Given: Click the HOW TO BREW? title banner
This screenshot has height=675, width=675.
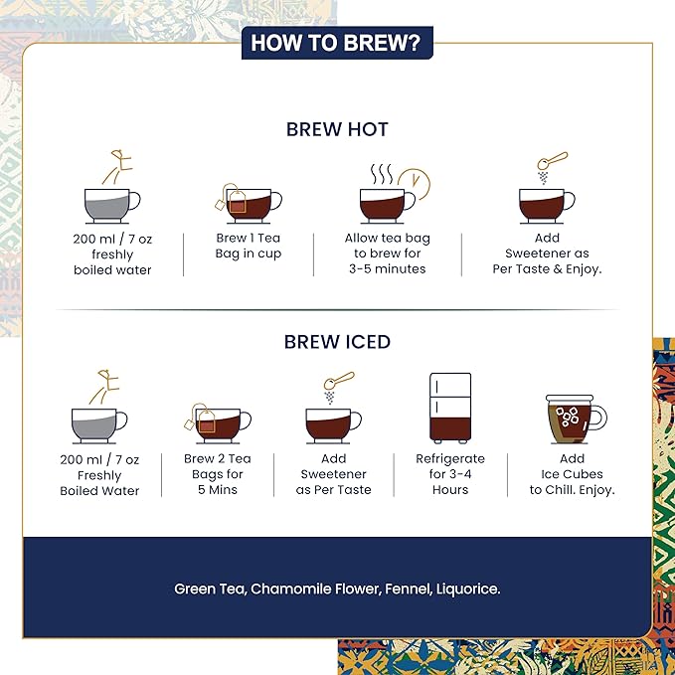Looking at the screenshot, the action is [337, 43].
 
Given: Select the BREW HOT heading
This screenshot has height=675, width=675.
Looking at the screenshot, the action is [337, 129].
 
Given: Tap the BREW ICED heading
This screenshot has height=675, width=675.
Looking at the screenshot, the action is [337, 342].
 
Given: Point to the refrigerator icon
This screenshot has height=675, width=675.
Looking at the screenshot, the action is [450, 408].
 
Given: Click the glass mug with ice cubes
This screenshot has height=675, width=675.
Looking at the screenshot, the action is [576, 420].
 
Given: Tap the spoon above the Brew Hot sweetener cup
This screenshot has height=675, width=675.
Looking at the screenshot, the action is [553, 161].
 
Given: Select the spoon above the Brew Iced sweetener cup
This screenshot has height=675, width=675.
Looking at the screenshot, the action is [339, 381].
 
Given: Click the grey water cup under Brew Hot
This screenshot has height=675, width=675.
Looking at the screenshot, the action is [112, 206].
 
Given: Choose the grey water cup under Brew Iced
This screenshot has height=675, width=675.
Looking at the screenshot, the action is [99, 425].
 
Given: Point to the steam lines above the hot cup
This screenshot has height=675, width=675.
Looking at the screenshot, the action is [382, 174].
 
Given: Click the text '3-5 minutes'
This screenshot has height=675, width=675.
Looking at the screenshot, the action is [387, 269].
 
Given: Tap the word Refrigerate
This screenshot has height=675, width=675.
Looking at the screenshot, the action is [450, 459].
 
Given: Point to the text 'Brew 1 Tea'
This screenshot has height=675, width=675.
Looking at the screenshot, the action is [248, 238].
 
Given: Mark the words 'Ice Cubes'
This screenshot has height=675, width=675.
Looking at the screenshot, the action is [572, 474].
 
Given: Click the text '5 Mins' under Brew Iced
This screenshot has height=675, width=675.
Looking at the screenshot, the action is [218, 489].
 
